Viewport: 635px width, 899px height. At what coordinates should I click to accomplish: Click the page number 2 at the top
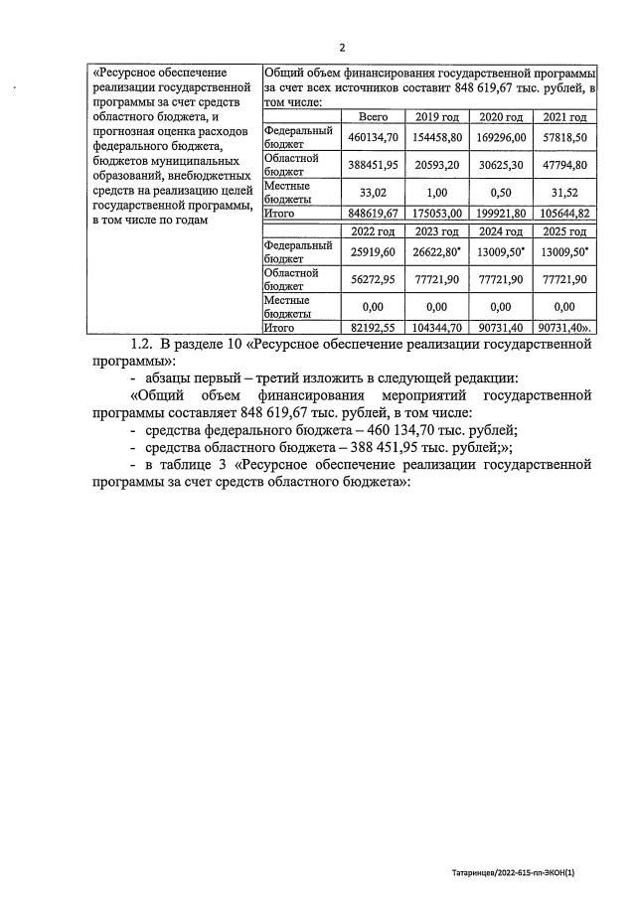[342, 48]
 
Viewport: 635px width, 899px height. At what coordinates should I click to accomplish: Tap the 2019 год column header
[437, 116]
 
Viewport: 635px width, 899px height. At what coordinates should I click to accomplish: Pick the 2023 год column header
[437, 231]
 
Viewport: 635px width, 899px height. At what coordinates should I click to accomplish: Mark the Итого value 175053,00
[437, 212]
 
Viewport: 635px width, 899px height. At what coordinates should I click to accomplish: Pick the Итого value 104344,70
[437, 326]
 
